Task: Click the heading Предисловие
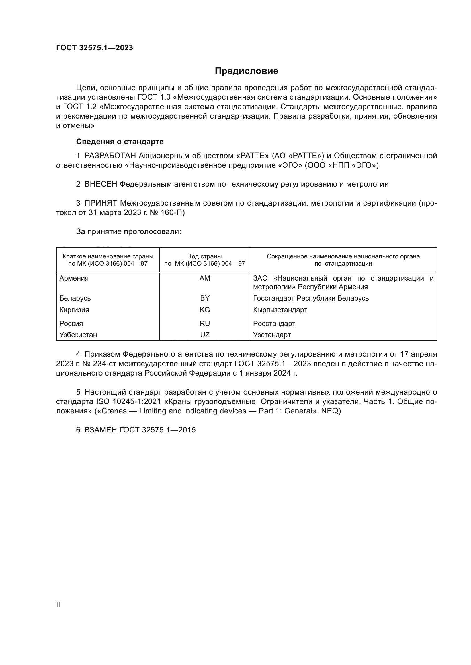coord(246,71)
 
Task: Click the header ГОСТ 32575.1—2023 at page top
coord(94,48)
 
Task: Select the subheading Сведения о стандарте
coord(120,142)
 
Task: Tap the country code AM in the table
coord(205,278)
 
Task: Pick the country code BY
coord(205,298)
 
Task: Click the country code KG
coord(205,310)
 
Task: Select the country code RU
coord(205,323)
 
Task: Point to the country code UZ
coord(205,335)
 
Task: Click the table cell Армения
coord(74,278)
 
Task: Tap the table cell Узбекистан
coord(78,335)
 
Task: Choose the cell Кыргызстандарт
coord(280,310)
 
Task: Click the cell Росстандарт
coord(274,323)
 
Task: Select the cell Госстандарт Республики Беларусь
coord(311,298)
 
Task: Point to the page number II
coord(58,605)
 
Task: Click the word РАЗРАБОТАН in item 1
coord(110,156)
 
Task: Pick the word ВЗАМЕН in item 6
coord(100,430)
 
